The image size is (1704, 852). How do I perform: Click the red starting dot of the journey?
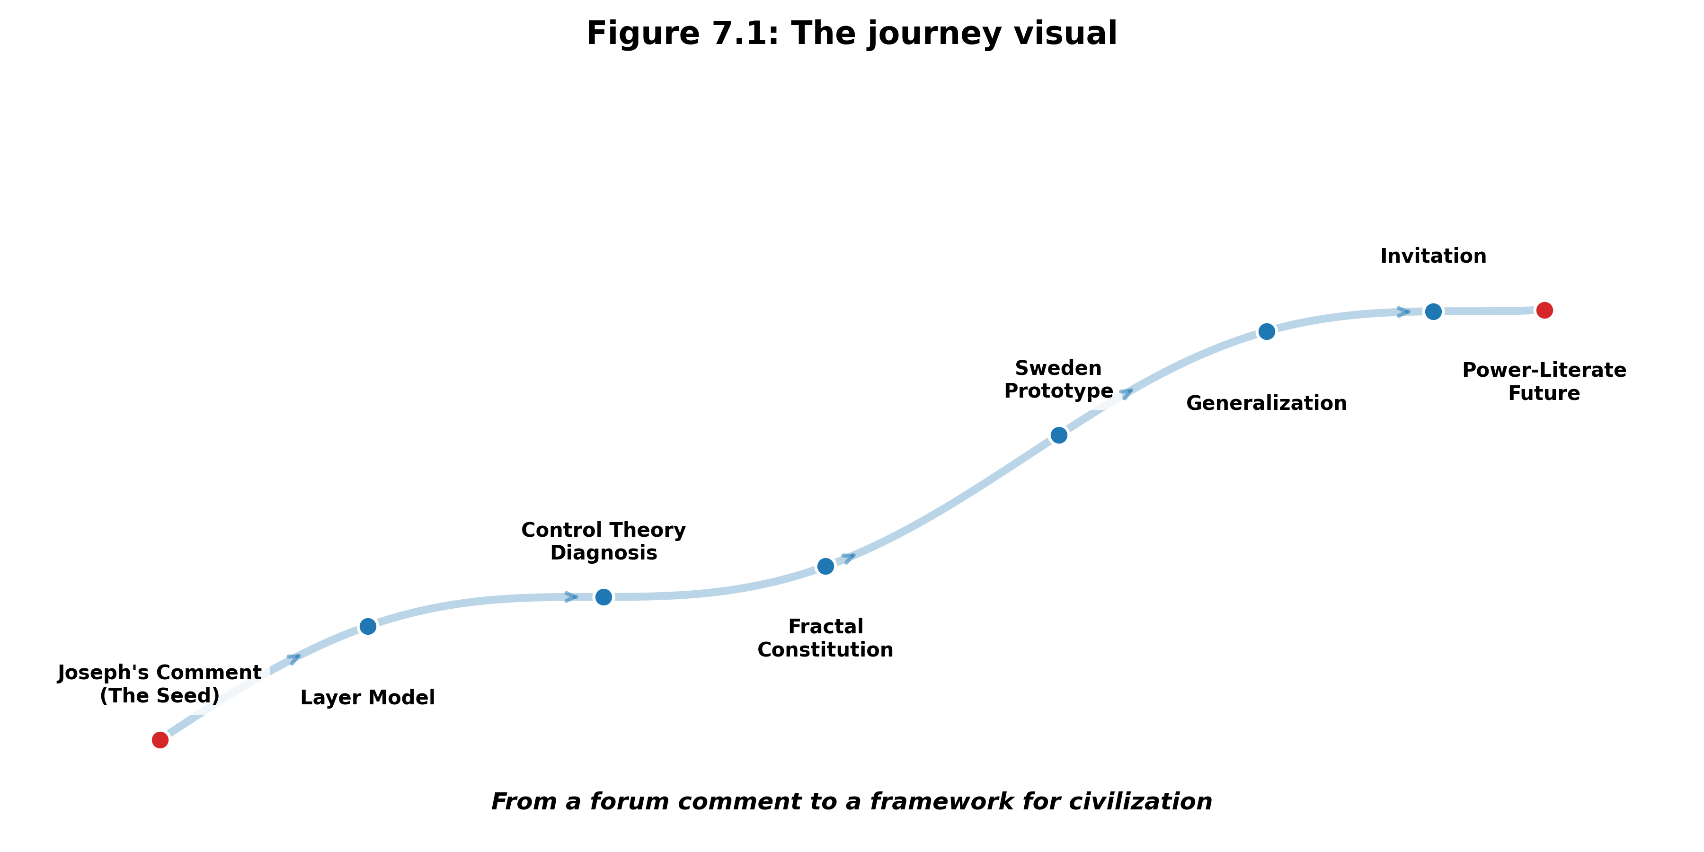point(160,739)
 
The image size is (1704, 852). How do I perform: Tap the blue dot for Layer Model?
point(368,626)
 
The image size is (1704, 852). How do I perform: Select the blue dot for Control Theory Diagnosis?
point(603,597)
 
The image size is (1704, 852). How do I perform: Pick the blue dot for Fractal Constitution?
point(825,566)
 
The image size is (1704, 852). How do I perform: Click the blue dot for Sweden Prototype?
point(1058,435)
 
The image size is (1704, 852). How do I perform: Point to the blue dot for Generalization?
point(1266,331)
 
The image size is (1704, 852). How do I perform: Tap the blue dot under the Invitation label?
point(1433,311)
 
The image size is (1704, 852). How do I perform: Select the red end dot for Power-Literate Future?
point(1544,310)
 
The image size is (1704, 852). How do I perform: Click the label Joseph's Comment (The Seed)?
point(160,684)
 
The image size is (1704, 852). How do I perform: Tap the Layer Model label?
point(368,697)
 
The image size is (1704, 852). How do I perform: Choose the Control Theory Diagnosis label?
point(603,541)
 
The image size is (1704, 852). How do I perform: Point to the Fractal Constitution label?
point(825,638)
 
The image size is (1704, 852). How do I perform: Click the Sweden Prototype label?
point(1058,379)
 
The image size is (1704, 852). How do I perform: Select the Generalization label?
point(1266,403)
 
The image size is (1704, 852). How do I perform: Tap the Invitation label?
point(1433,256)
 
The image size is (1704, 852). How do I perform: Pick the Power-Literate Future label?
point(1544,381)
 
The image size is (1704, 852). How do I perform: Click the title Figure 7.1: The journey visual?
point(852,33)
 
